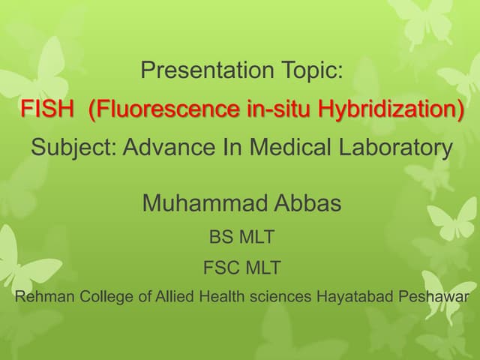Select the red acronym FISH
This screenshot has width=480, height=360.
pyautogui.click(x=47, y=109)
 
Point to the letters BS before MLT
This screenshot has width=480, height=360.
pyautogui.click(x=221, y=238)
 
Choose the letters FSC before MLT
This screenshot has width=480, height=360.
pyautogui.click(x=217, y=267)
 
